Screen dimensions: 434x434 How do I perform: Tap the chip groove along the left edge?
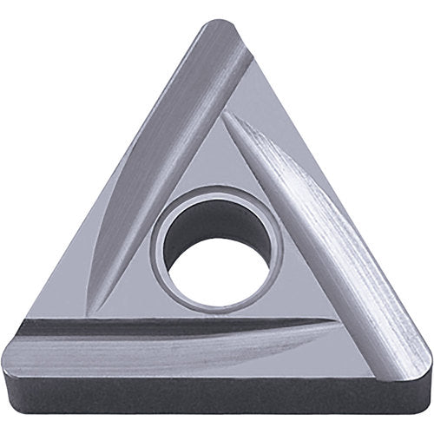(165, 165)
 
